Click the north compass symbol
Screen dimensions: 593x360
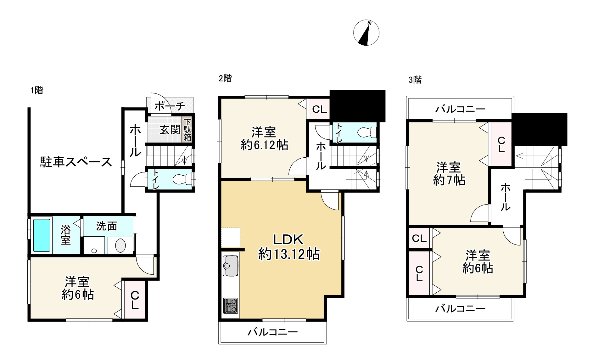(366, 33)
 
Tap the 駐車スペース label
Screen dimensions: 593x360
(76, 162)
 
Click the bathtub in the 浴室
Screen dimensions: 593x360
(42, 235)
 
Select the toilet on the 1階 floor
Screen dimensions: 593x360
(182, 179)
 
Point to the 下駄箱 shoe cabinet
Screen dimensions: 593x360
(187, 130)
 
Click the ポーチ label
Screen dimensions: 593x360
(170, 106)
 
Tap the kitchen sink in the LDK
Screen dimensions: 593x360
(231, 266)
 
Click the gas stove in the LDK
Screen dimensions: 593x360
(231, 305)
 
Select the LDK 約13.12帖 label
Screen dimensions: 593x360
(289, 247)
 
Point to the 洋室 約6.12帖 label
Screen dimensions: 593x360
(264, 138)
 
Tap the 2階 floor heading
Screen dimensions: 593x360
(225, 78)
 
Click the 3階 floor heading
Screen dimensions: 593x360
(415, 80)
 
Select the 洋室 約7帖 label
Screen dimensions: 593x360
(449, 173)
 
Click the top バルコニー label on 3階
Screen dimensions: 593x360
(460, 110)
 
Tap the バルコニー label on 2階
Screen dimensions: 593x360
(272, 332)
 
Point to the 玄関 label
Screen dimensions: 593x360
(170, 130)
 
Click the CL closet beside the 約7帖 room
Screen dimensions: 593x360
(501, 144)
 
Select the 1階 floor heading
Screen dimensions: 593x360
(37, 91)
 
